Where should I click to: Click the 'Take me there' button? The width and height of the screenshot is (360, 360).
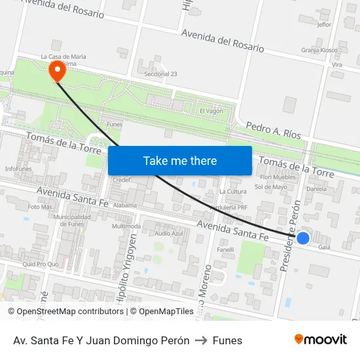coord(180,160)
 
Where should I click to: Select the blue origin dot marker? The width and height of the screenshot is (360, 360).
coord(303,238)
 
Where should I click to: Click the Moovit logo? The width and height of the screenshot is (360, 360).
coord(320,339)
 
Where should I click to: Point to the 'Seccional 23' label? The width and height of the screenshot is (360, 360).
coord(160,74)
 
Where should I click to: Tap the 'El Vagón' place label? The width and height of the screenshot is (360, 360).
coord(211,111)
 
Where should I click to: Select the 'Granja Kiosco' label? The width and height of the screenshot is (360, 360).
coord(319,50)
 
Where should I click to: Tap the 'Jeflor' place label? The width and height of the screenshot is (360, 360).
coord(324,25)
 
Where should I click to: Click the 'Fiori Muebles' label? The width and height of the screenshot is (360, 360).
coord(278,177)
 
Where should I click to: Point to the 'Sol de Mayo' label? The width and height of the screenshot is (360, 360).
coord(271,187)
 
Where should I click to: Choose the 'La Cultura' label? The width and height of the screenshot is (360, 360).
coord(233,192)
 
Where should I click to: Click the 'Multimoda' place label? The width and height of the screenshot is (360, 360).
coord(126,226)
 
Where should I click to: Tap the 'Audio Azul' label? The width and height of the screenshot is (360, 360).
coord(169,234)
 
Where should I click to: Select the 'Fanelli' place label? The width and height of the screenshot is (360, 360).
coord(225,249)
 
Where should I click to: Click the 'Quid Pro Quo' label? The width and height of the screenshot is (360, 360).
coord(41,264)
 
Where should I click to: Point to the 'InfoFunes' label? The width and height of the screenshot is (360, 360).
coord(18,169)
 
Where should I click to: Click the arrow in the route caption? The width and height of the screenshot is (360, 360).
coord(201,340)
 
